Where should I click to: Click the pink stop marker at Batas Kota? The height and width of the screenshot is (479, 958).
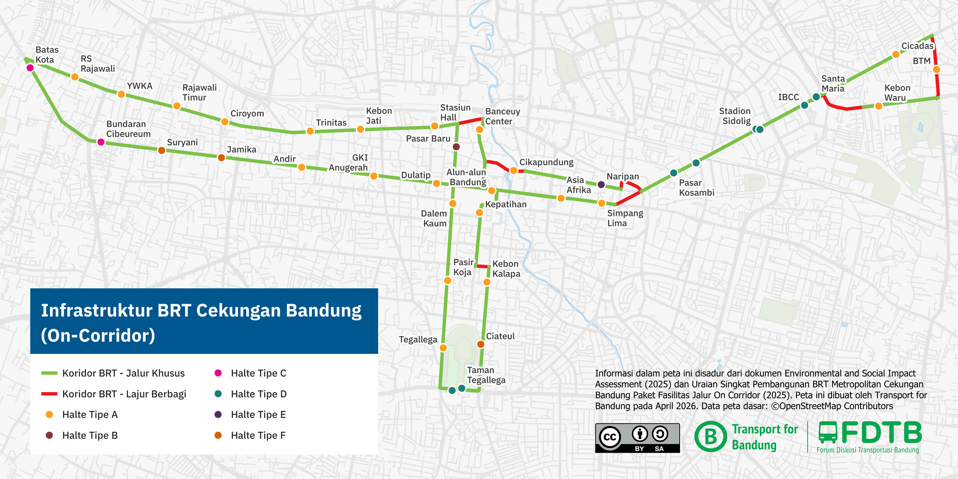click(x=30, y=68)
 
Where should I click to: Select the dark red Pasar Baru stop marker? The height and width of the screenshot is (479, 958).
click(x=456, y=147)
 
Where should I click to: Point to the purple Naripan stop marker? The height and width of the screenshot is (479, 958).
click(x=601, y=184)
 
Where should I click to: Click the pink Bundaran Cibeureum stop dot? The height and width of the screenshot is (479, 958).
click(x=101, y=142)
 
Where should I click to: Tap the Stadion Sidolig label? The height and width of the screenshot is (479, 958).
click(x=735, y=116)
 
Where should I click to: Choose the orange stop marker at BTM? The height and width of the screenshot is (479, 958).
click(x=936, y=70)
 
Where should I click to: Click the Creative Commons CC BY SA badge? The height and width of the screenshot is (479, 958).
click(x=637, y=438)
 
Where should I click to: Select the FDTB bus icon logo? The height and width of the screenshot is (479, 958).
click(x=828, y=432)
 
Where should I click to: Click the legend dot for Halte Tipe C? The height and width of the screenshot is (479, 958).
click(x=218, y=373)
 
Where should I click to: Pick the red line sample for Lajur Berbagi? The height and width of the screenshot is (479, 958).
click(x=49, y=394)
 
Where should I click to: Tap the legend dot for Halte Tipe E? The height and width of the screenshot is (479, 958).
click(x=218, y=415)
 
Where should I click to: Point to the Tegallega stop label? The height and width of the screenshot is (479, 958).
click(x=418, y=339)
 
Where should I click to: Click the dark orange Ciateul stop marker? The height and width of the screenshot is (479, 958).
click(x=480, y=344)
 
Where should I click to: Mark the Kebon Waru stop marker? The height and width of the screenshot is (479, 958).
click(x=879, y=106)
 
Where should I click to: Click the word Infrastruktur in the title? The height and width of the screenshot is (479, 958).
click(x=97, y=310)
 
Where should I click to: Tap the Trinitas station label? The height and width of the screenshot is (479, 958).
click(x=331, y=123)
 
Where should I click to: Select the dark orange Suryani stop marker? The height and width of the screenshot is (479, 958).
click(x=162, y=150)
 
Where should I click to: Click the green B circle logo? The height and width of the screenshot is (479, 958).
click(x=710, y=437)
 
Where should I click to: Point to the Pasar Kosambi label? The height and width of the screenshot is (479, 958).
click(x=697, y=188)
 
